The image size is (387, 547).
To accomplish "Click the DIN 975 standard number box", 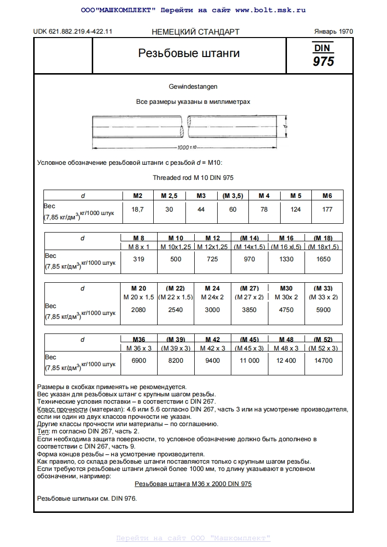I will tap(324, 55).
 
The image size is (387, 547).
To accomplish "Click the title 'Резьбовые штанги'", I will tap(189, 53).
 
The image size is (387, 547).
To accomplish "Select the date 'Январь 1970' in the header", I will tap(333, 32).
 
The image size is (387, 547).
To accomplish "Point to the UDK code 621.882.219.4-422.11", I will tap(73, 32).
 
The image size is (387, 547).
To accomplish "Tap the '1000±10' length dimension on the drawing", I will tap(186, 147).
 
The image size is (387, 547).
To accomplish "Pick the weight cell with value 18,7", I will tap(138, 209).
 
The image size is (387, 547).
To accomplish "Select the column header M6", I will tap(327, 195).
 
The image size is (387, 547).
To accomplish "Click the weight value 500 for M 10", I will tap(176, 259).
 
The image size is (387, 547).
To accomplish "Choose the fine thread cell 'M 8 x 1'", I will tap(139, 247).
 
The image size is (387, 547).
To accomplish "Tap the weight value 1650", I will tap(323, 259).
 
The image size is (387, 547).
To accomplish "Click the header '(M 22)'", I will tap(176, 288).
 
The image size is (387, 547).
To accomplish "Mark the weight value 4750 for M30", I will tap(286, 310).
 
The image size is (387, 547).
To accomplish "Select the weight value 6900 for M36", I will tap(139, 360).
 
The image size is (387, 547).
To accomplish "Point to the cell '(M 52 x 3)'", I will tap(323, 348).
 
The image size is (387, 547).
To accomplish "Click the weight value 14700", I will tap(323, 360).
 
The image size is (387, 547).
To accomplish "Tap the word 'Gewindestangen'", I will tap(193, 86).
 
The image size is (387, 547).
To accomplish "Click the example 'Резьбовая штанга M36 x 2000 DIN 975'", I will tap(193, 484).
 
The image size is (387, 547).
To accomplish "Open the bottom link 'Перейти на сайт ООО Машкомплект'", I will tap(193, 538).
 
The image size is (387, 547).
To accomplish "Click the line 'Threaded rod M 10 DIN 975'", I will tap(193, 178).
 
